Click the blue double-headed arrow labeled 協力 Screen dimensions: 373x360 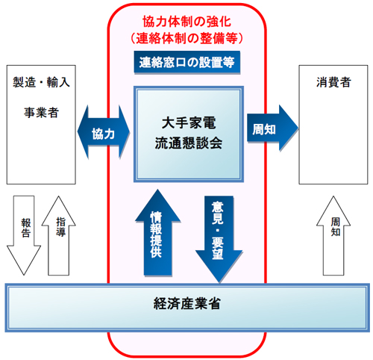coord(104,132)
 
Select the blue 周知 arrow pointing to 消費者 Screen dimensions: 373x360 coord(272,128)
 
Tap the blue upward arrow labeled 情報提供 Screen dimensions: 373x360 coord(157,232)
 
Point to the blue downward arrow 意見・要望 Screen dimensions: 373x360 coord(219,239)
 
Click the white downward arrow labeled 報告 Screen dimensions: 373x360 coord(24,235)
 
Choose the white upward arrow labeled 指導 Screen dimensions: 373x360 coord(59,235)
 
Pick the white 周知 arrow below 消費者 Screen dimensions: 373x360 coord(333,235)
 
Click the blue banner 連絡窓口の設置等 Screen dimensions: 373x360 coord(187,62)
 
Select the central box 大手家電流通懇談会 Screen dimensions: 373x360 coord(189,134)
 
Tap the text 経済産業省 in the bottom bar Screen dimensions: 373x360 coord(187,304)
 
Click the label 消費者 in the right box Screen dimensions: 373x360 coord(333,82)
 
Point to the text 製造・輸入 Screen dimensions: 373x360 coord(41,82)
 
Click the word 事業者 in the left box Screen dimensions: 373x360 coord(41,113)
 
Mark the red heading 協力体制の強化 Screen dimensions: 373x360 coord(187,22)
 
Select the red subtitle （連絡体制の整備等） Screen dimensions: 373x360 coord(187,38)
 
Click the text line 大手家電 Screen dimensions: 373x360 coord(189,123)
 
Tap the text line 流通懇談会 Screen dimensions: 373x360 coord(189,143)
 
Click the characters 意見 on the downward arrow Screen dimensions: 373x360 coord(218,213)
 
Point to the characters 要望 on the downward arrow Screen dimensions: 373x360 coord(218,248)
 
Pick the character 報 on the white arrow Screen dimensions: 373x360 coord(26,223)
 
